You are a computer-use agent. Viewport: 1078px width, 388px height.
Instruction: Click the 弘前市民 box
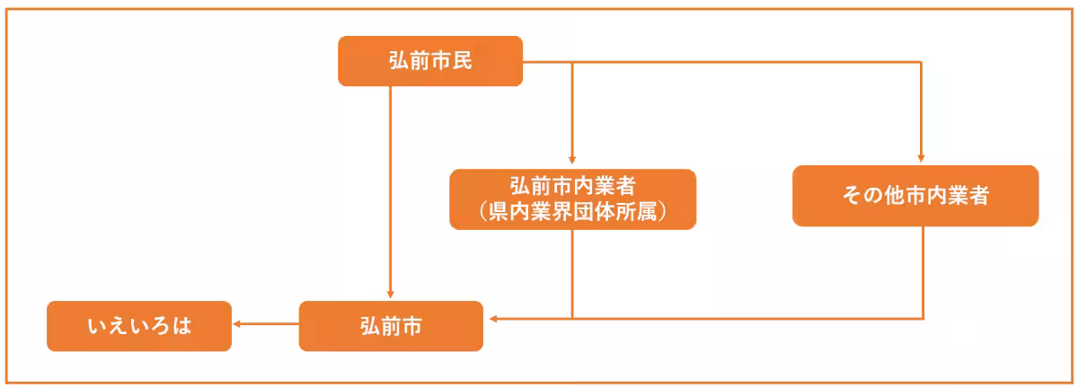pyautogui.click(x=429, y=61)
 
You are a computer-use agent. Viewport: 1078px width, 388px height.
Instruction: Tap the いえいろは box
pyautogui.click(x=138, y=326)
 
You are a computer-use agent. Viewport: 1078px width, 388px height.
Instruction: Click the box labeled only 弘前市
pyautogui.click(x=390, y=326)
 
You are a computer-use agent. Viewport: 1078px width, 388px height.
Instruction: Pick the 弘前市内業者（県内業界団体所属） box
pyautogui.click(x=572, y=198)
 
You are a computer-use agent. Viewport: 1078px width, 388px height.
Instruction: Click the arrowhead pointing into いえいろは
pyautogui.click(x=237, y=325)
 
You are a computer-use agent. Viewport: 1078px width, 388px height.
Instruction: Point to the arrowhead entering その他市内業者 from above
pyautogui.click(x=922, y=160)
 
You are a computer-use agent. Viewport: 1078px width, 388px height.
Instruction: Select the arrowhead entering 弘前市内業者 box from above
pyautogui.click(x=572, y=163)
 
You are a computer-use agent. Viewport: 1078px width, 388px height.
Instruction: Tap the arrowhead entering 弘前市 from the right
pyautogui.click(x=490, y=318)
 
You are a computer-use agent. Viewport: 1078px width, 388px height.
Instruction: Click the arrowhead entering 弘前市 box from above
pyautogui.click(x=391, y=295)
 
